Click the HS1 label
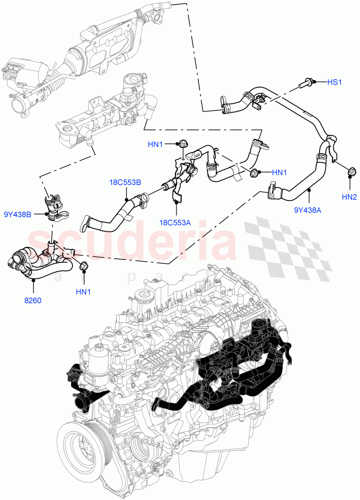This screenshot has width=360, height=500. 334,82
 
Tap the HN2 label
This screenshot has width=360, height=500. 349,197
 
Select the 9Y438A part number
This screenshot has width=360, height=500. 307,211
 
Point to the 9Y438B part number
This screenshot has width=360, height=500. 17,215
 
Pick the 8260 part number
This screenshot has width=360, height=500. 33,300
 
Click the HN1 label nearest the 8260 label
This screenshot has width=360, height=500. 84,292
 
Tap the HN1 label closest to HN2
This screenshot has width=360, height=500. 279,172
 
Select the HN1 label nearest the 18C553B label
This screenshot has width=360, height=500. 155,145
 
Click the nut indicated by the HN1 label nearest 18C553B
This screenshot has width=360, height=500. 182,144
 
